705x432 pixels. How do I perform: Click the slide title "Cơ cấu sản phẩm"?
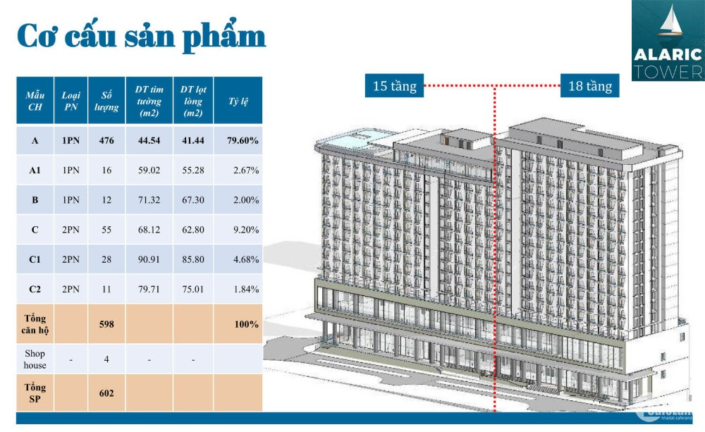[141, 36]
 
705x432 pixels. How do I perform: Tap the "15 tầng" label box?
[394, 85]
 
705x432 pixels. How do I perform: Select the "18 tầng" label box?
[590, 85]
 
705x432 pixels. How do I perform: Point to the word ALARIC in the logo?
[668, 55]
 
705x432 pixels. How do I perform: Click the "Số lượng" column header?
[106, 101]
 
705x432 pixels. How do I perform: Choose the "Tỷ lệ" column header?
[238, 101]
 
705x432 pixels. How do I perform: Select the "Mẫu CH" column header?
[35, 101]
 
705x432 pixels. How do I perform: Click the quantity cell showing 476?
[106, 140]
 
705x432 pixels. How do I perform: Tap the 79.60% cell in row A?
[243, 140]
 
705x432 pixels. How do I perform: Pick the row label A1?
[35, 170]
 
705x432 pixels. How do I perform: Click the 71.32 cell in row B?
[149, 199]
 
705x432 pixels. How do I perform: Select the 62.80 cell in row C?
[193, 229]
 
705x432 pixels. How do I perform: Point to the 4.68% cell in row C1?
[245, 259]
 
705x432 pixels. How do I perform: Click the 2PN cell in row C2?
[70, 289]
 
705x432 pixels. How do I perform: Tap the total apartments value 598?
[106, 324]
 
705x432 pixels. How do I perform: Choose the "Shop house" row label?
[35, 359]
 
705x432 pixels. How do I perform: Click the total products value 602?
[106, 393]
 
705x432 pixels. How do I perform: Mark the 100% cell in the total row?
[246, 324]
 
